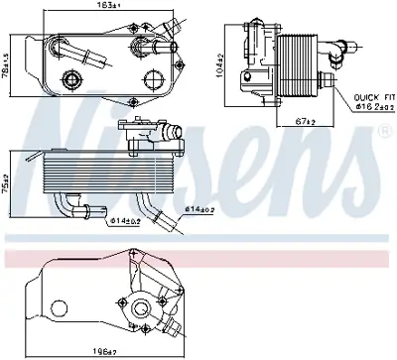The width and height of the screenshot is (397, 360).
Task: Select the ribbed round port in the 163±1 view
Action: pyautogui.click(x=71, y=81)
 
